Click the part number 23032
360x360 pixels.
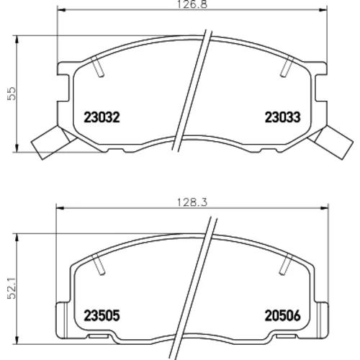(x=102, y=117)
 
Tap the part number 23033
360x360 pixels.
(x=282, y=117)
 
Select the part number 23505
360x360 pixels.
(x=102, y=315)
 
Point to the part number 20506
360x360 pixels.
(x=282, y=315)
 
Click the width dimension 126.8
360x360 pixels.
(x=192, y=4)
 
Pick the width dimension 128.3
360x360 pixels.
(x=192, y=203)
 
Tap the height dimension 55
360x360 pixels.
(x=12, y=94)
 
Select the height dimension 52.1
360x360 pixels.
(x=12, y=288)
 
